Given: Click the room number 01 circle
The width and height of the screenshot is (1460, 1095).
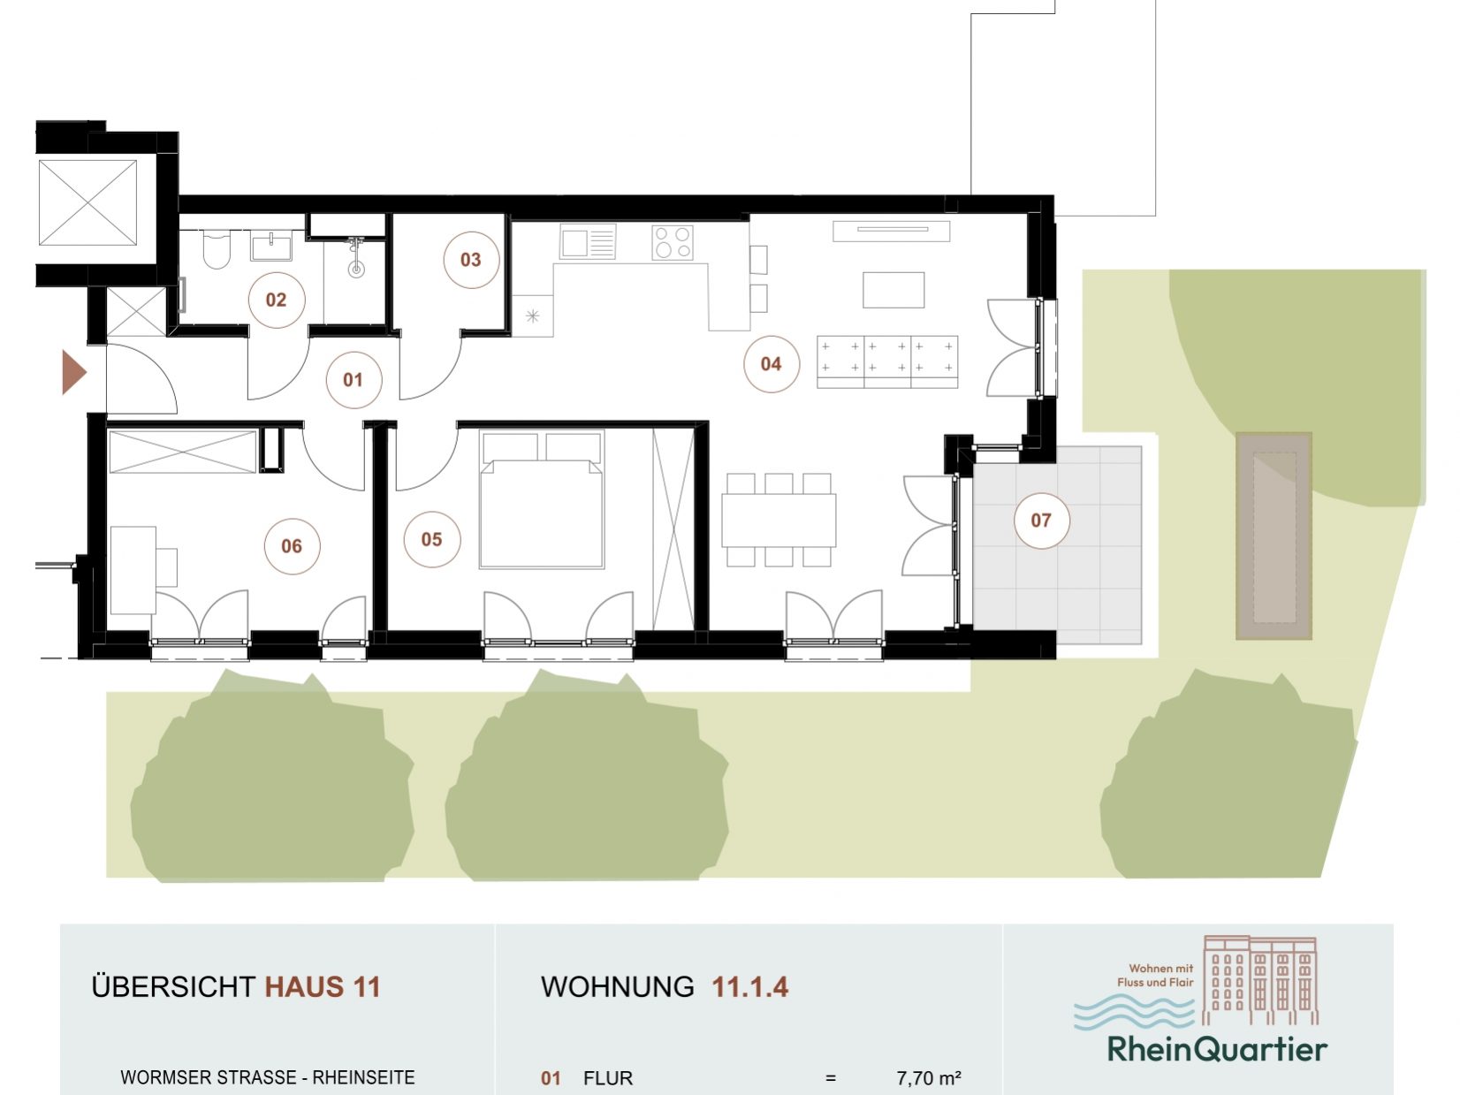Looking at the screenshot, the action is (x=354, y=380).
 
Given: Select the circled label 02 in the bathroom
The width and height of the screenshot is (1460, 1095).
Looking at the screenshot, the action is (x=276, y=300).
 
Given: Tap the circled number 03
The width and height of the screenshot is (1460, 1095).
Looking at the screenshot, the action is (x=471, y=259).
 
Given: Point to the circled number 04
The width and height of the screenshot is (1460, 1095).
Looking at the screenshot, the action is (x=771, y=363).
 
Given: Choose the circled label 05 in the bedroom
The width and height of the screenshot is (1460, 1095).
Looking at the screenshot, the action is (x=431, y=539).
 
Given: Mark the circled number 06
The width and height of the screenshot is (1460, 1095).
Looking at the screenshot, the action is (x=292, y=546).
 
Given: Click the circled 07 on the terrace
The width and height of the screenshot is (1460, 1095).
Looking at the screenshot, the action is (x=1041, y=520).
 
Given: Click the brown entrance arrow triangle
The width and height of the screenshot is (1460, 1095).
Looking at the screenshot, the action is (x=74, y=372).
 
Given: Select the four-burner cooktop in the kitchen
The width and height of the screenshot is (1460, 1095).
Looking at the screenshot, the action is (x=673, y=243).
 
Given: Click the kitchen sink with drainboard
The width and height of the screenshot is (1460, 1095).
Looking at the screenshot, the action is (x=588, y=241).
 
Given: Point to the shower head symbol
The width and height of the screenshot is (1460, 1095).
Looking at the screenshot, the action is (x=356, y=256).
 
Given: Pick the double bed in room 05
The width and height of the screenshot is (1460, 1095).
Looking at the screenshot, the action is (x=542, y=500).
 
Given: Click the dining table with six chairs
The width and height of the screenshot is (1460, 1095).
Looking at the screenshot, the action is (x=779, y=520).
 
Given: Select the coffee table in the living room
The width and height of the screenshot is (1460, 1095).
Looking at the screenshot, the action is (x=893, y=290).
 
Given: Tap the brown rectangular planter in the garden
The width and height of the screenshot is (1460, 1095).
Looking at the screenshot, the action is (x=1274, y=536).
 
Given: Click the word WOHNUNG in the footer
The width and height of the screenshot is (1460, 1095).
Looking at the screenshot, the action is (x=617, y=986).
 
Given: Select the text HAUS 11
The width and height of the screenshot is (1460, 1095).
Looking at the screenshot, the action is (x=323, y=986).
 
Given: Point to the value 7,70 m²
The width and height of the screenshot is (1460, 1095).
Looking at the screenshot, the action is (x=929, y=1077).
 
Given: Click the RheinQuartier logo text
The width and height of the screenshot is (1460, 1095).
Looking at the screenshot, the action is (x=1217, y=1050).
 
